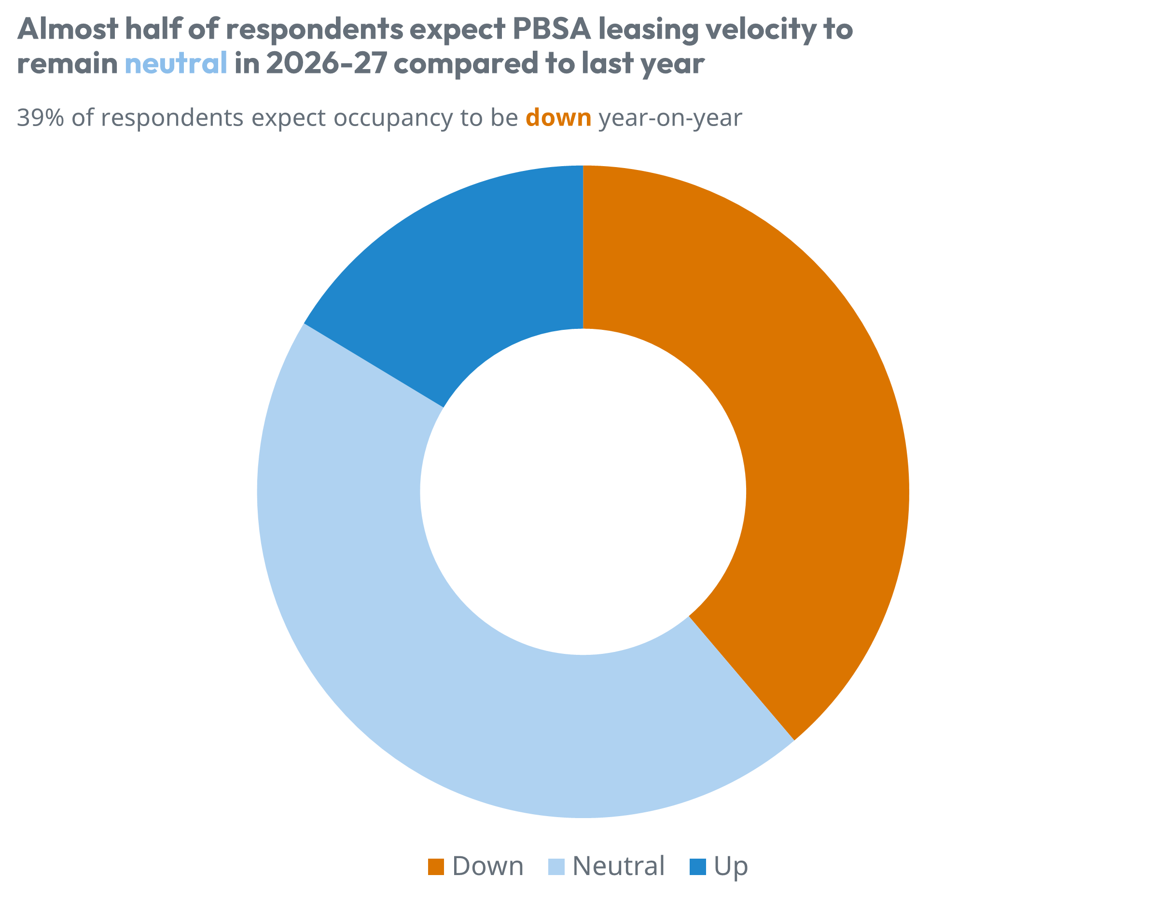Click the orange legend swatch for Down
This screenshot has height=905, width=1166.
(436, 866)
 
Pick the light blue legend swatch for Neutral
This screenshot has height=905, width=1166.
(556, 866)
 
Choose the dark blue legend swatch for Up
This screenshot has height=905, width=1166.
(697, 866)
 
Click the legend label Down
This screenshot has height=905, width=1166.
(487, 866)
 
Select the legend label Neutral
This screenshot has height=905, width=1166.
(618, 866)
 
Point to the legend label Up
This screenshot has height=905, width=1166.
(730, 866)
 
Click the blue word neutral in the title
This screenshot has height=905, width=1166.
(176, 63)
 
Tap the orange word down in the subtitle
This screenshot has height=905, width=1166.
(558, 117)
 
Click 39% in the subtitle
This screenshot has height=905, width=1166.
(41, 117)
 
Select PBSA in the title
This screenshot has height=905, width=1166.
(552, 29)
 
